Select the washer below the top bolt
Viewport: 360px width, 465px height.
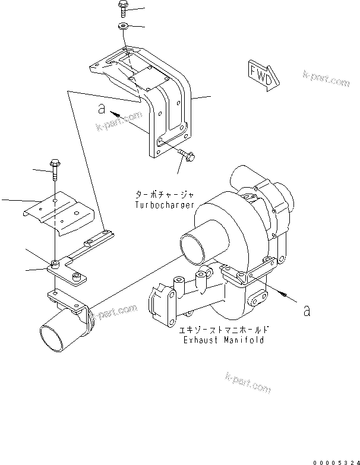[x=123, y=26]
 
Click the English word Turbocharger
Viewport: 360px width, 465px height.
[x=165, y=204]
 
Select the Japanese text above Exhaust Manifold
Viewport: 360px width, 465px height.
[x=219, y=330]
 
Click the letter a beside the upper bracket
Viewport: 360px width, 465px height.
[x=102, y=109]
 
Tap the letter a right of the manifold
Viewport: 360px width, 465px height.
[x=307, y=310]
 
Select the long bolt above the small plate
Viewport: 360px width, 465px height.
[x=55, y=168]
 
